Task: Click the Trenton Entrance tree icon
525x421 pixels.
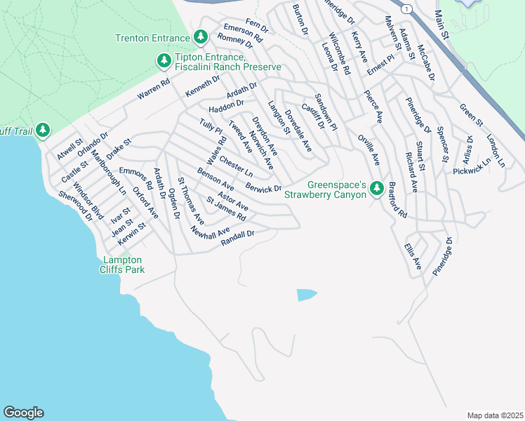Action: point(201,36)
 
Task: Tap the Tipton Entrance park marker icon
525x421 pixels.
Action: point(164,61)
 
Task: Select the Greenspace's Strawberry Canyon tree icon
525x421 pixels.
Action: point(377,189)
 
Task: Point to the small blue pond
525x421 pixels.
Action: point(307,295)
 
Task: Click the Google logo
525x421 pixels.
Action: point(23,413)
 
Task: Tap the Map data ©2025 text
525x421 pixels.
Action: point(495,415)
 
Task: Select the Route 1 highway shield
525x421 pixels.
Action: point(406,8)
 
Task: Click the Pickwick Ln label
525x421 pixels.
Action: point(472,166)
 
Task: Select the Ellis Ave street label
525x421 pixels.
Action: point(412,257)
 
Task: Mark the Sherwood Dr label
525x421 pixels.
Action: point(75,206)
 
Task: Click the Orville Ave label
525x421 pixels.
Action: point(368,149)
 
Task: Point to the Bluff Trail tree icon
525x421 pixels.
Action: point(43,130)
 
